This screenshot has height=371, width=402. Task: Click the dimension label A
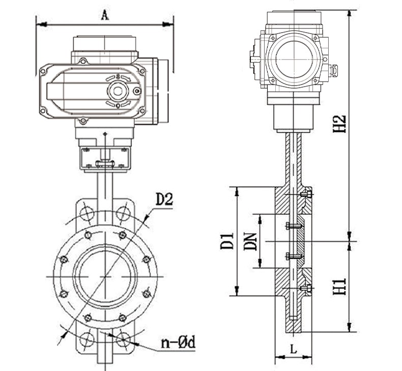(105, 15)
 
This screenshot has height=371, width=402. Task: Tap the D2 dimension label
(164, 199)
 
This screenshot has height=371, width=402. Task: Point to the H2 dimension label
(339, 124)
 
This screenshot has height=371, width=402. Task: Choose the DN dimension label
(249, 241)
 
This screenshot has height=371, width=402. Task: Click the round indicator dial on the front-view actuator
(118, 91)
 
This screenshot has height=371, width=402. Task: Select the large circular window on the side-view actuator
(293, 59)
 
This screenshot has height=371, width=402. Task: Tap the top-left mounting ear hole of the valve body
(87, 212)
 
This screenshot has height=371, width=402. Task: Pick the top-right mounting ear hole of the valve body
(123, 212)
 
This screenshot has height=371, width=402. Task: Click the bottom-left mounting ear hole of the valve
(87, 339)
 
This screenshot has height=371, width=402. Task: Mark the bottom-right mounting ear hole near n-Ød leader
(123, 339)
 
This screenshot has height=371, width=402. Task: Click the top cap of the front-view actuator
(105, 43)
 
